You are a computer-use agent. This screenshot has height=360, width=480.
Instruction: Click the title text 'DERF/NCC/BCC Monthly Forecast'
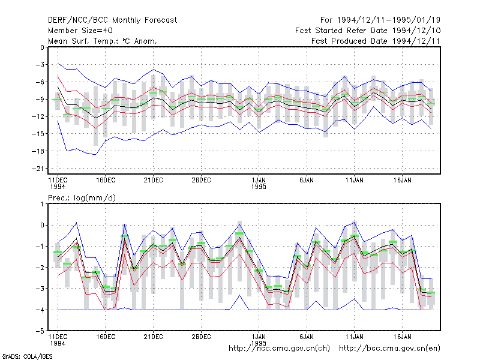point(112,20)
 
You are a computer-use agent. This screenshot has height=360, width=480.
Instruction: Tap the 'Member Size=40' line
point(80,31)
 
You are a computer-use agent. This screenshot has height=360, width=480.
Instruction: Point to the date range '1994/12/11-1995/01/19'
point(389,20)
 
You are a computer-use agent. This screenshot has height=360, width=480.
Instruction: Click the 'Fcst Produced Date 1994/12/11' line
point(376,41)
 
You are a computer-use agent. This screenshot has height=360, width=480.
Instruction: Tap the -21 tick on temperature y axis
point(38,169)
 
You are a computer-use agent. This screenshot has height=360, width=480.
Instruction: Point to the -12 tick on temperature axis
point(38,116)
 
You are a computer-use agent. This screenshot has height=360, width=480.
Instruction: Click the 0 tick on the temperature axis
point(42,47)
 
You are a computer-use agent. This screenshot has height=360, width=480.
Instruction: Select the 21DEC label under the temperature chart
point(153,181)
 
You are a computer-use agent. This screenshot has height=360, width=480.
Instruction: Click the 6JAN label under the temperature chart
point(307,181)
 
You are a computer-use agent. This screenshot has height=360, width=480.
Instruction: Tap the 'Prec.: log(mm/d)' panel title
point(82,198)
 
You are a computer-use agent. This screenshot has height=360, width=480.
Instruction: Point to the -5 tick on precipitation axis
point(40,331)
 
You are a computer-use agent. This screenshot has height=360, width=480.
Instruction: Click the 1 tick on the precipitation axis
point(42,204)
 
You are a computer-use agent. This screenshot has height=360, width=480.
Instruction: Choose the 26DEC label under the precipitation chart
point(201,337)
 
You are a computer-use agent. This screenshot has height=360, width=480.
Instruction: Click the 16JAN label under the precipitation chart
point(402,337)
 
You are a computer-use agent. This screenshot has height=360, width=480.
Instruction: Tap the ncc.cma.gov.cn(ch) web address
point(279,349)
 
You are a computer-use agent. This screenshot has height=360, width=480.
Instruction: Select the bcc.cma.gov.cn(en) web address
point(389,349)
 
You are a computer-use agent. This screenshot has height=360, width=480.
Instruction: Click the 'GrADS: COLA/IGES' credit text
point(27,356)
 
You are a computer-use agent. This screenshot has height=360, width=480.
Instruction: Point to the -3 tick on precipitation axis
point(40,289)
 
